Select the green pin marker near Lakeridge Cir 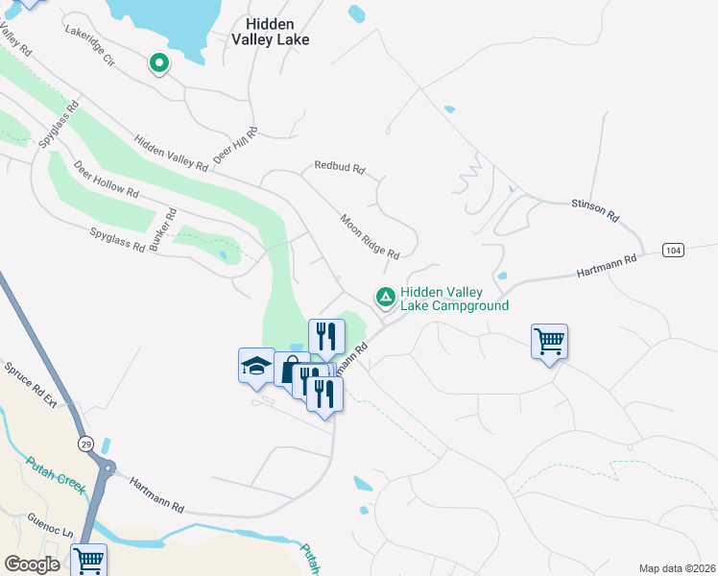(158, 63)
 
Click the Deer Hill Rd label (235, 144)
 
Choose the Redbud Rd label (340, 168)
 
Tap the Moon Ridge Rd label (370, 236)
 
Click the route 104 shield (674, 250)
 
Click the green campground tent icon (386, 298)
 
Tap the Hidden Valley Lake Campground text (454, 299)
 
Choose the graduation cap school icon (256, 366)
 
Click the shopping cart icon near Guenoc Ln (88, 559)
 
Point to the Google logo (32, 564)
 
